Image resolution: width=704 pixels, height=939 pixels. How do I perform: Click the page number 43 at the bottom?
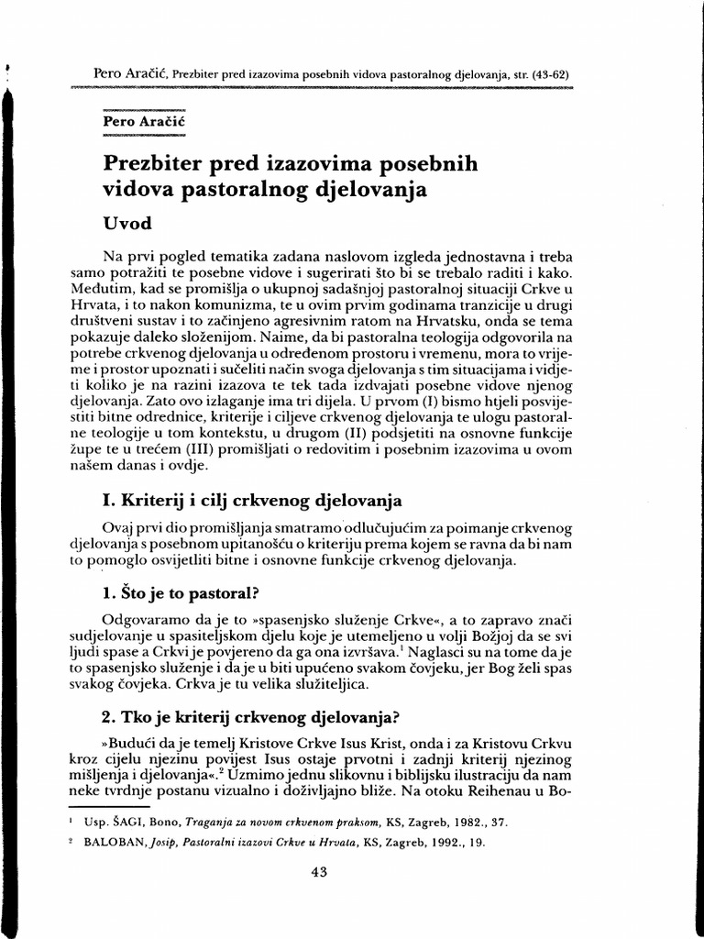pos(320,873)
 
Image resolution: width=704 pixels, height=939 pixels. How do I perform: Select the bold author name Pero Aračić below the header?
pos(140,121)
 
